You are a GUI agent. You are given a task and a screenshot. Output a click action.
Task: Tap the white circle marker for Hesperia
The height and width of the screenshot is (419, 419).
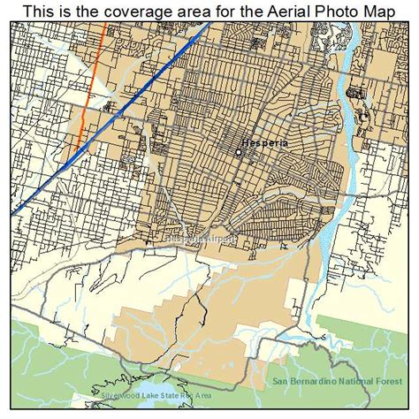coord(238,152)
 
